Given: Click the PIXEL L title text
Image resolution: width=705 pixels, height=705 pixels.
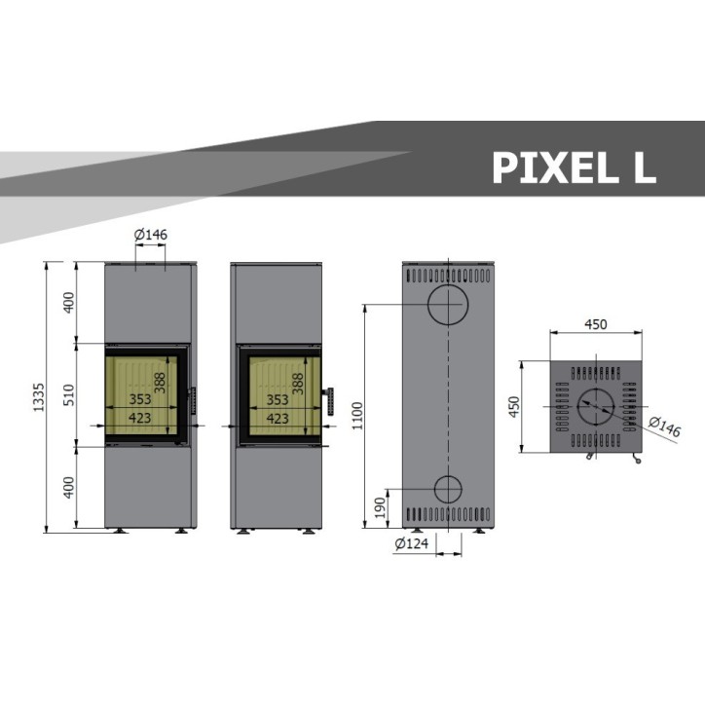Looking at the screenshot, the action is (575, 167).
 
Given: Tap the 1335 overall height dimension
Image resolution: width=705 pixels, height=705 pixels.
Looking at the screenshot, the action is (39, 397).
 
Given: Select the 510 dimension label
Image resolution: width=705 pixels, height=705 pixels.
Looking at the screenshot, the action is (69, 395).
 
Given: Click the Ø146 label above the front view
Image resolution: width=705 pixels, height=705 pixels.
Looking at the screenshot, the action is (151, 235).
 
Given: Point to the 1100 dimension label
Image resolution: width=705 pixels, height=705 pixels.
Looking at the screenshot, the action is (357, 416).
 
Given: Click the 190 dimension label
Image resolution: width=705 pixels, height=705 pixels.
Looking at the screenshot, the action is (381, 507).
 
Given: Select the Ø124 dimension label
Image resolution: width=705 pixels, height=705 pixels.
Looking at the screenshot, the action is (411, 543).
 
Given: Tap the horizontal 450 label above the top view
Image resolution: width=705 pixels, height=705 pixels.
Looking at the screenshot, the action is (596, 324).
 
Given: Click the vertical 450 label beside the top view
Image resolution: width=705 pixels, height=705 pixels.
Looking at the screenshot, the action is (514, 406).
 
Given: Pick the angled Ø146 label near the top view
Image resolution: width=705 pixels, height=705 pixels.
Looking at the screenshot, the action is (665, 427).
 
